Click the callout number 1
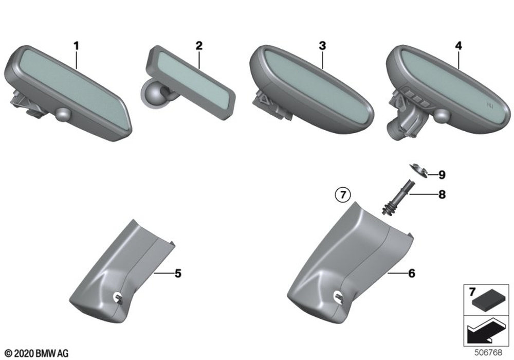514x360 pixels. tap(76, 46)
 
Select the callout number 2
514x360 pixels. tap(198, 46)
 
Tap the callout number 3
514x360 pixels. tap(322, 46)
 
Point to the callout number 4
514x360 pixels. tap(458, 46)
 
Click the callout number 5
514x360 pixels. tap(178, 274)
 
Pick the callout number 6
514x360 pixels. tap(411, 274)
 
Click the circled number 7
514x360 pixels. tap(343, 195)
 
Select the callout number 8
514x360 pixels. tap(442, 195)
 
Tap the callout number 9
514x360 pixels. tap(442, 175)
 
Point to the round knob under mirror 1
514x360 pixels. tap(64, 114)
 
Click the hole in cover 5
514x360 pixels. tap(118, 297)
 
